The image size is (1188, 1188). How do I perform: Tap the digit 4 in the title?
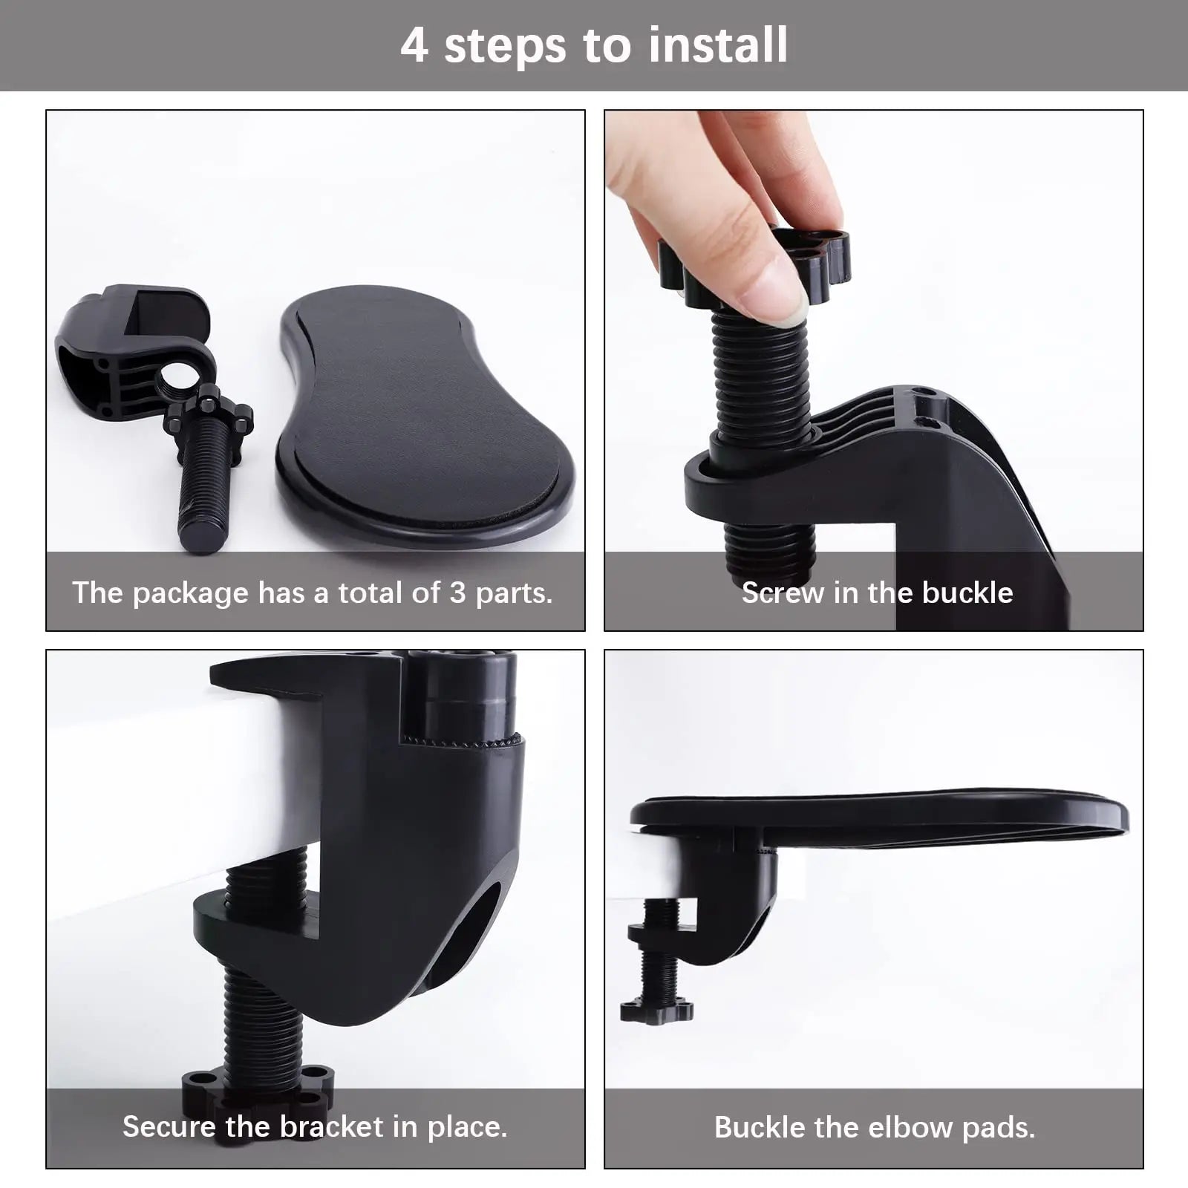point(414,45)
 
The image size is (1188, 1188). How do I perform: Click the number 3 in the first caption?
point(457,593)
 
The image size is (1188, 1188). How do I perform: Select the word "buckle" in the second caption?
point(967,593)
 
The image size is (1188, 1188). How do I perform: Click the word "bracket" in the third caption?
point(331,1126)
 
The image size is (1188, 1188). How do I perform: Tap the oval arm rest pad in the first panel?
point(425,416)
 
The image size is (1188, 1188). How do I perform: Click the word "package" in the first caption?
point(191,594)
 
